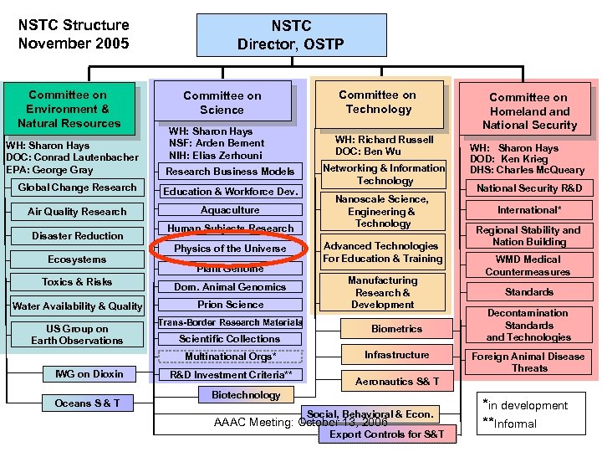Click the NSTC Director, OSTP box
pos(290,34)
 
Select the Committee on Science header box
pos(222,103)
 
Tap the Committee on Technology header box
pos(378,102)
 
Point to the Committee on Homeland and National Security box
pos(528,111)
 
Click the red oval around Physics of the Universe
pos(230,249)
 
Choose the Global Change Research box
pos(77,187)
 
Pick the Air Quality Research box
pos(77,212)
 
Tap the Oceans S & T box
pos(88,403)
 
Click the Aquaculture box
pos(230,210)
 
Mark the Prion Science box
pos(230,305)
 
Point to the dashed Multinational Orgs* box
pos(230,357)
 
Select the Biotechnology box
pos(246,395)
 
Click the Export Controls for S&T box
pos(387,434)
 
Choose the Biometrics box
pos(397,329)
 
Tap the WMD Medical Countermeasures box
pos(528,265)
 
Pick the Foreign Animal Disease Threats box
pos(529,362)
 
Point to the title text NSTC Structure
pos(74,25)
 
